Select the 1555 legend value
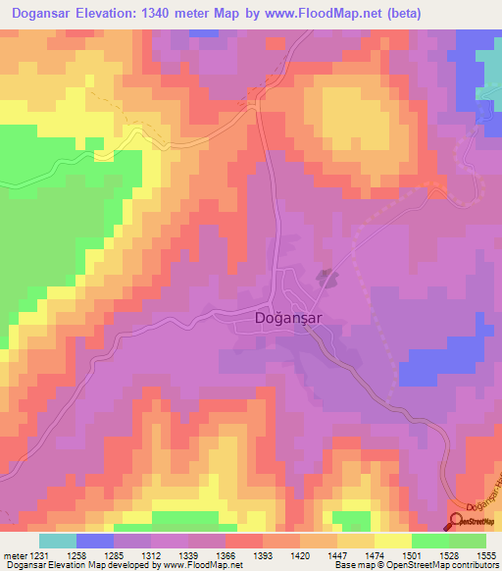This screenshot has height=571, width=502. tap(484, 554)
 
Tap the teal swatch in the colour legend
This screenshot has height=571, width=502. tap(58, 541)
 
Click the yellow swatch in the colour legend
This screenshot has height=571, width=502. tap(392, 541)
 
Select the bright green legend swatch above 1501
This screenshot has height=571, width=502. tap(429, 541)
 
